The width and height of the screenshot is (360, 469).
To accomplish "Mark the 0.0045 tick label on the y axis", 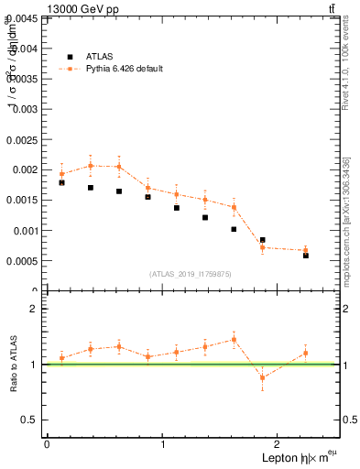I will pyautogui.click(x=21, y=17).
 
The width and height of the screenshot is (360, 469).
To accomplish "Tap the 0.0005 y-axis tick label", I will pyautogui.click(x=21, y=261).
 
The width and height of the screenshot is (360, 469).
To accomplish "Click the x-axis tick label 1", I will pyautogui.click(x=163, y=444).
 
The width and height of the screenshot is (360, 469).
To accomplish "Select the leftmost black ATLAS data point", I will pyautogui.click(x=61, y=182).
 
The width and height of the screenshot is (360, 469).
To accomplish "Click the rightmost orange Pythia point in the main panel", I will pyautogui.click(x=305, y=250).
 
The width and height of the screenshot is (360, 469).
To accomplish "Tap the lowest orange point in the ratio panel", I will pyautogui.click(x=262, y=377).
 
